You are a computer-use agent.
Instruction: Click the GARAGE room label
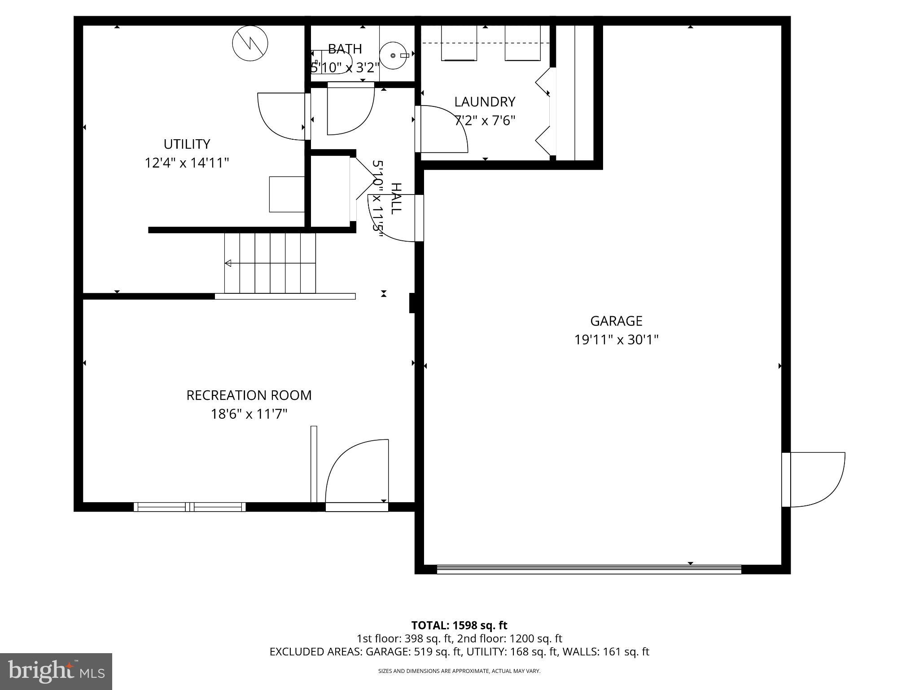pos(616,321)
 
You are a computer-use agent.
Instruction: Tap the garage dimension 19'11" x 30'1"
pos(616,340)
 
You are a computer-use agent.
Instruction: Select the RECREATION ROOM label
pos(249,395)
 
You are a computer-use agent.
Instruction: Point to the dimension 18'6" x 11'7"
pos(249,414)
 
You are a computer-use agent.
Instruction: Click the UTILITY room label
pos(187,144)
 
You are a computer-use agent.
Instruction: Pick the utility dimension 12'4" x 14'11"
pos(187,163)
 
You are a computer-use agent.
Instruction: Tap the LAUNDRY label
pos(485,102)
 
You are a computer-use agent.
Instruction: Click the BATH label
pos(345,49)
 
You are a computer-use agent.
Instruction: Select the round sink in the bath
pos(393,56)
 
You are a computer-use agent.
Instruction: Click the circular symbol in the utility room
pos(250,44)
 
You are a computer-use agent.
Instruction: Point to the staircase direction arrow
pos(228,263)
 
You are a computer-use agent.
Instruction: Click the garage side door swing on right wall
pos(817,479)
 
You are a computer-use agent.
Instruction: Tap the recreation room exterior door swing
pos(357,472)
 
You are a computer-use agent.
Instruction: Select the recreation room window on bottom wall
pos(189,507)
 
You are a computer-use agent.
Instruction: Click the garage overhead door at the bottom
pos(589,569)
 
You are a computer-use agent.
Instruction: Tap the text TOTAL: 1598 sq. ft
pos(459,625)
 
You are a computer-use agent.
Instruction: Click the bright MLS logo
pos(56,671)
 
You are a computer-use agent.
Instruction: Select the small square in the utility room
pos(287,194)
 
